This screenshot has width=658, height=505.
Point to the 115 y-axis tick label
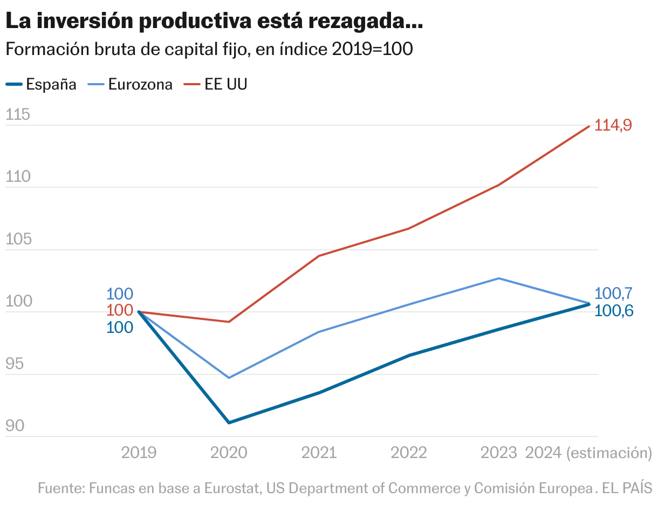click(x=17, y=115)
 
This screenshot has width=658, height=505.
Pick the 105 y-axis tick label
click(x=17, y=240)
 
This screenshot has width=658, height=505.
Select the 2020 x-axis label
click(x=229, y=452)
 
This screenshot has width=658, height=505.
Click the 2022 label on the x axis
click(x=409, y=452)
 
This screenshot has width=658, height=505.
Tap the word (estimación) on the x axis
click(x=609, y=452)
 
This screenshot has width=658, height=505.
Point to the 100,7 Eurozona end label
click(x=613, y=294)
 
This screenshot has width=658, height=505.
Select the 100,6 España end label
click(x=614, y=311)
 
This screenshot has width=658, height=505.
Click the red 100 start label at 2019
click(x=120, y=310)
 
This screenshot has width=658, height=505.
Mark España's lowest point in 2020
click(x=229, y=422)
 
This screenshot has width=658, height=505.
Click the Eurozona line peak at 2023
click(x=499, y=278)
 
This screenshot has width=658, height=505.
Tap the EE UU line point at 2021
click(x=319, y=256)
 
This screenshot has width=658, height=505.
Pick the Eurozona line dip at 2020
click(x=229, y=378)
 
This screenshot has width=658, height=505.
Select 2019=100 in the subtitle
click(x=372, y=49)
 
